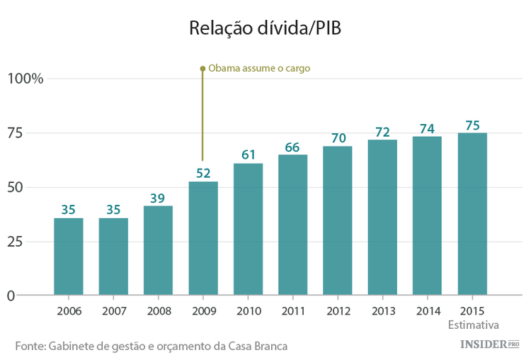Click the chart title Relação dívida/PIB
pyautogui.click(x=265, y=28)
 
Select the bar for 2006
pyautogui.click(x=69, y=257)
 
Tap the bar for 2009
pyautogui.click(x=203, y=238)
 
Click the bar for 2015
pyautogui.click(x=472, y=214)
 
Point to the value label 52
pyautogui.click(x=203, y=172)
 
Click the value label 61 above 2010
pyautogui.click(x=248, y=154)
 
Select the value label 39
pyautogui.click(x=158, y=197)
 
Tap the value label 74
pyautogui.click(x=427, y=128)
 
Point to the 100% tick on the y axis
pyautogui.click(x=25, y=79)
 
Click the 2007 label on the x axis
pyautogui.click(x=113, y=312)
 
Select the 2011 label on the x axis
pyautogui.click(x=292, y=312)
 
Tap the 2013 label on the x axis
pyautogui.click(x=382, y=312)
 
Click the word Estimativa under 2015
pyautogui.click(x=474, y=325)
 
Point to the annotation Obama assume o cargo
pyautogui.click(x=259, y=69)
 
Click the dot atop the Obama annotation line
pyautogui.click(x=202, y=69)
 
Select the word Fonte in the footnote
pyautogui.click(x=30, y=346)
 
